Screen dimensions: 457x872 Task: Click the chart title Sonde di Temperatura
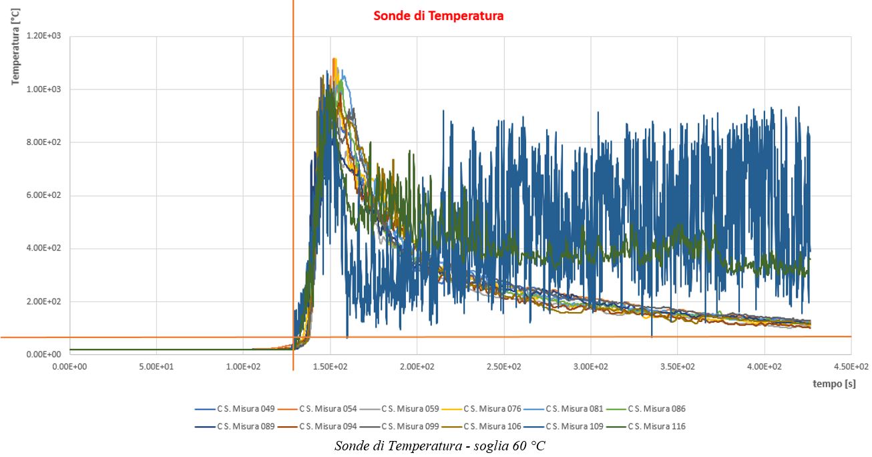pyautogui.click(x=438, y=16)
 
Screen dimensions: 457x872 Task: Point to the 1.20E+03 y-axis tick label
pyautogui.click(x=44, y=36)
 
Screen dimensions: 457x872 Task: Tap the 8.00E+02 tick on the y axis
pyautogui.click(x=44, y=142)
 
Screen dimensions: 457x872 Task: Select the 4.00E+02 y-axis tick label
pyautogui.click(x=44, y=249)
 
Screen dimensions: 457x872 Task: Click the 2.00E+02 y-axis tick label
pyautogui.click(x=44, y=301)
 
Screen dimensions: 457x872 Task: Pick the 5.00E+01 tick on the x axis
pyautogui.click(x=156, y=366)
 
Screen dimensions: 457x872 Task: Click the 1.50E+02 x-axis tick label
pyautogui.click(x=330, y=366)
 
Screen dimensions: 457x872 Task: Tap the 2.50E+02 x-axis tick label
pyautogui.click(x=503, y=366)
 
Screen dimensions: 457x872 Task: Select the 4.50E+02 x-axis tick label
pyautogui.click(x=851, y=366)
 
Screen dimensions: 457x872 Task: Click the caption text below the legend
pyautogui.click(x=439, y=446)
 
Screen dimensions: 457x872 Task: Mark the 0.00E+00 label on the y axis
pyautogui.click(x=44, y=354)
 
